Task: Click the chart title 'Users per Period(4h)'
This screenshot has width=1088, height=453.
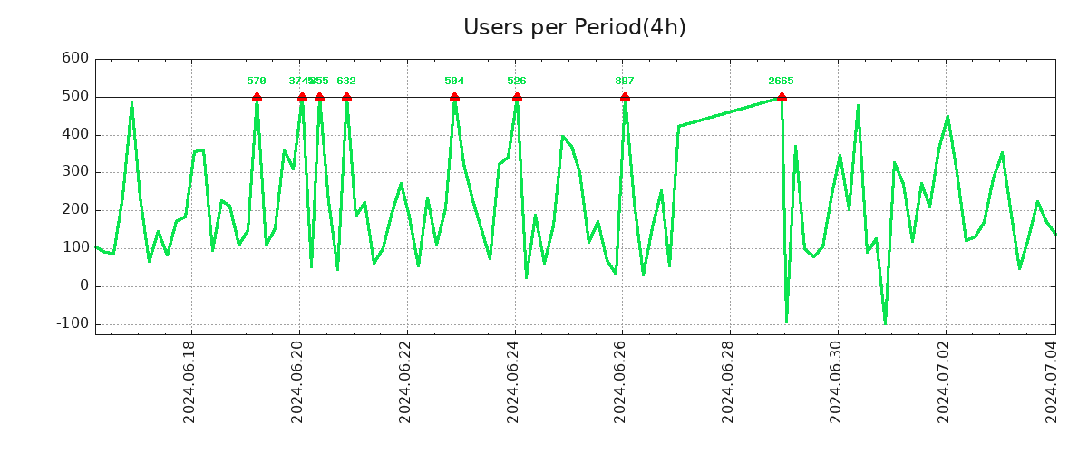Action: (x=574, y=27)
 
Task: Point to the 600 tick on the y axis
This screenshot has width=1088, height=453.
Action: (x=75, y=59)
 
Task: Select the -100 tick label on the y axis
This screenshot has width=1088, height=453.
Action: (x=72, y=323)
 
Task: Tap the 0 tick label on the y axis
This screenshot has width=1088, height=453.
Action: (x=83, y=285)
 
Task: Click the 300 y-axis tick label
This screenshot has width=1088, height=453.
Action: (x=75, y=172)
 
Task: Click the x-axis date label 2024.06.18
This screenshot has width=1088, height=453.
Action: (x=190, y=381)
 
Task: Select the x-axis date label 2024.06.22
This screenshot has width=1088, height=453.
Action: (x=406, y=381)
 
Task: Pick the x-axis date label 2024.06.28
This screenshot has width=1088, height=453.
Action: (x=730, y=381)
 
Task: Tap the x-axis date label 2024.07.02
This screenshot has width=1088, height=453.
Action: (x=946, y=381)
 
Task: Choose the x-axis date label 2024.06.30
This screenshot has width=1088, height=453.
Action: (x=838, y=381)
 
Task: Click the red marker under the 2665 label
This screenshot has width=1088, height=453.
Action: (x=782, y=96)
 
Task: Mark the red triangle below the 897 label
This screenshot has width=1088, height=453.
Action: (x=625, y=96)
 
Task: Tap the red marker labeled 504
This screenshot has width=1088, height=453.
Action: (x=454, y=96)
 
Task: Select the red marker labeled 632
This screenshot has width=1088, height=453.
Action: (x=346, y=96)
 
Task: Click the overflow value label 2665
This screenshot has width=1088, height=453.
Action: (x=782, y=82)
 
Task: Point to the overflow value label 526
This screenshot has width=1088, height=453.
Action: (x=517, y=82)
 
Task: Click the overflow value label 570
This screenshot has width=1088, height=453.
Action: (x=257, y=82)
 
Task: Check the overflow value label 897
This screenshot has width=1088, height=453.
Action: (x=625, y=82)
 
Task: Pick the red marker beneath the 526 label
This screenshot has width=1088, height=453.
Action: (x=517, y=96)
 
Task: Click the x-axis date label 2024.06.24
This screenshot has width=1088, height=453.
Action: (x=514, y=381)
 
